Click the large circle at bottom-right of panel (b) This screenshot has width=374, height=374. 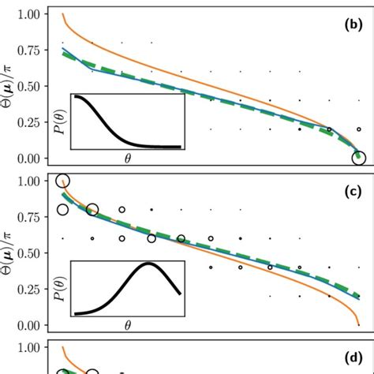[x=359, y=158]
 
